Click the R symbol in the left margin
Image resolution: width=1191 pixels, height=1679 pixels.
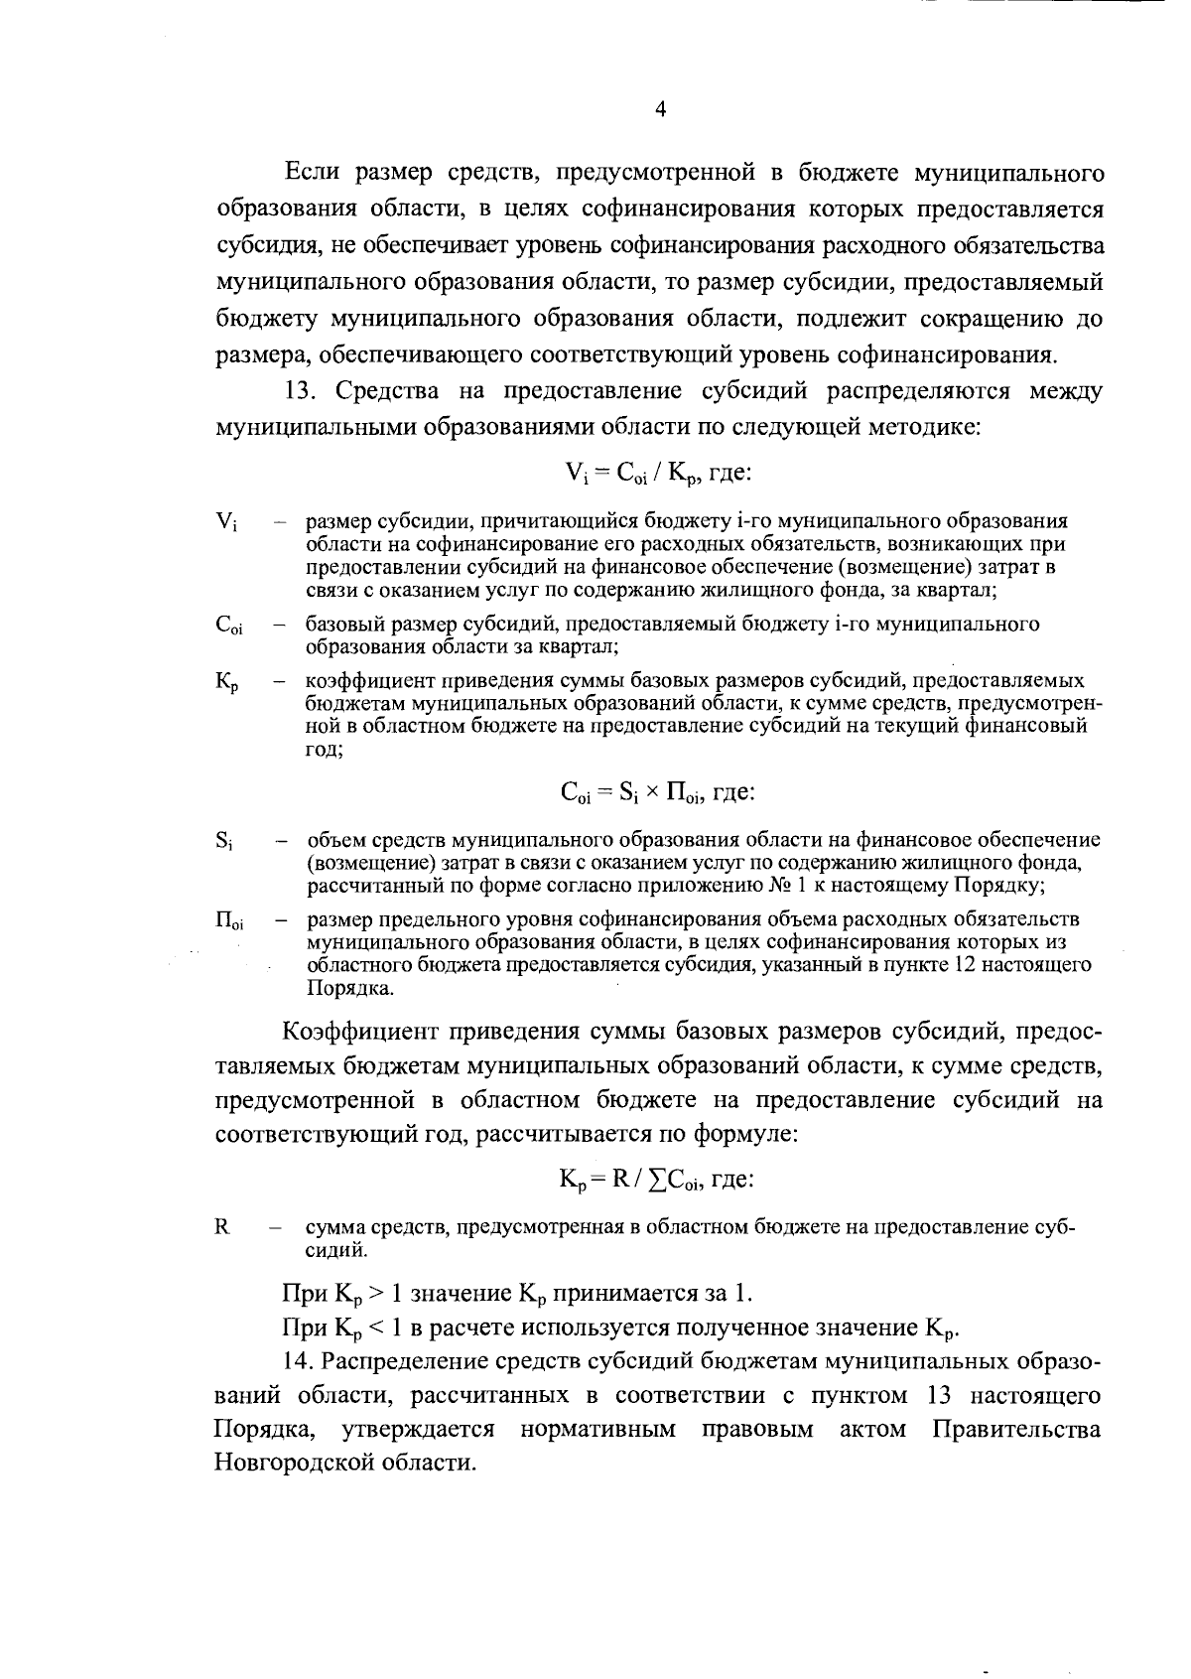click(221, 1227)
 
